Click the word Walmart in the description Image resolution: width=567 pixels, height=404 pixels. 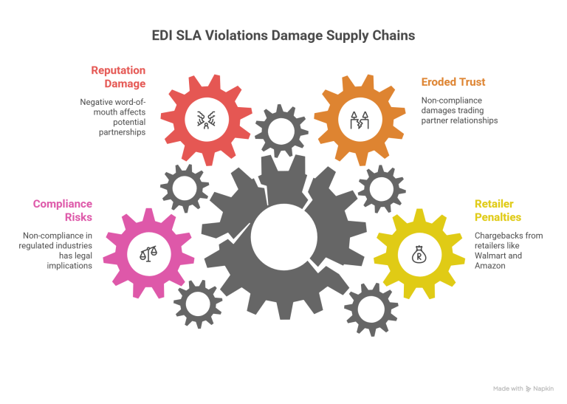489,253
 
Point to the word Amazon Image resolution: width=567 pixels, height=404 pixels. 489,264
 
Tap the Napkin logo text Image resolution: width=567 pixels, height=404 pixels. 544,388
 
